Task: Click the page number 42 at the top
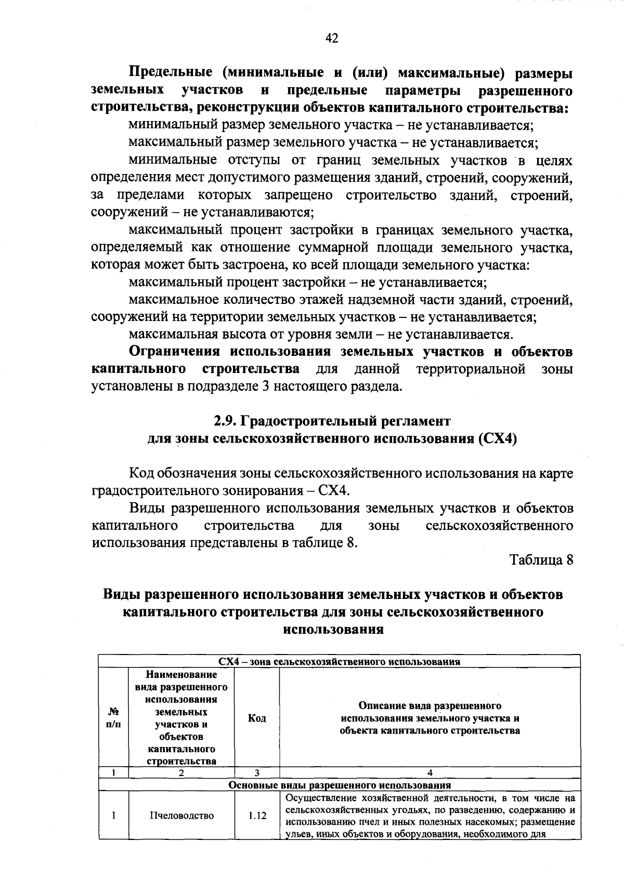[x=331, y=38]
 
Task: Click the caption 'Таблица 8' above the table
[x=541, y=560]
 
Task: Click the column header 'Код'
[x=257, y=718]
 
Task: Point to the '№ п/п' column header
[x=113, y=718]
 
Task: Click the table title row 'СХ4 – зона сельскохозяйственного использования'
[x=339, y=661]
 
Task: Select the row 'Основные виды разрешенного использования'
[x=340, y=785]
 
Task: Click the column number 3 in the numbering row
[x=257, y=773]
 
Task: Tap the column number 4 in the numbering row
[x=430, y=773]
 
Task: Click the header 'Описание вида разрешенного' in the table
[x=430, y=705]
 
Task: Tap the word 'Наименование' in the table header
[x=181, y=675]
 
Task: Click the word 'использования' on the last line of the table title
[x=333, y=630]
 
